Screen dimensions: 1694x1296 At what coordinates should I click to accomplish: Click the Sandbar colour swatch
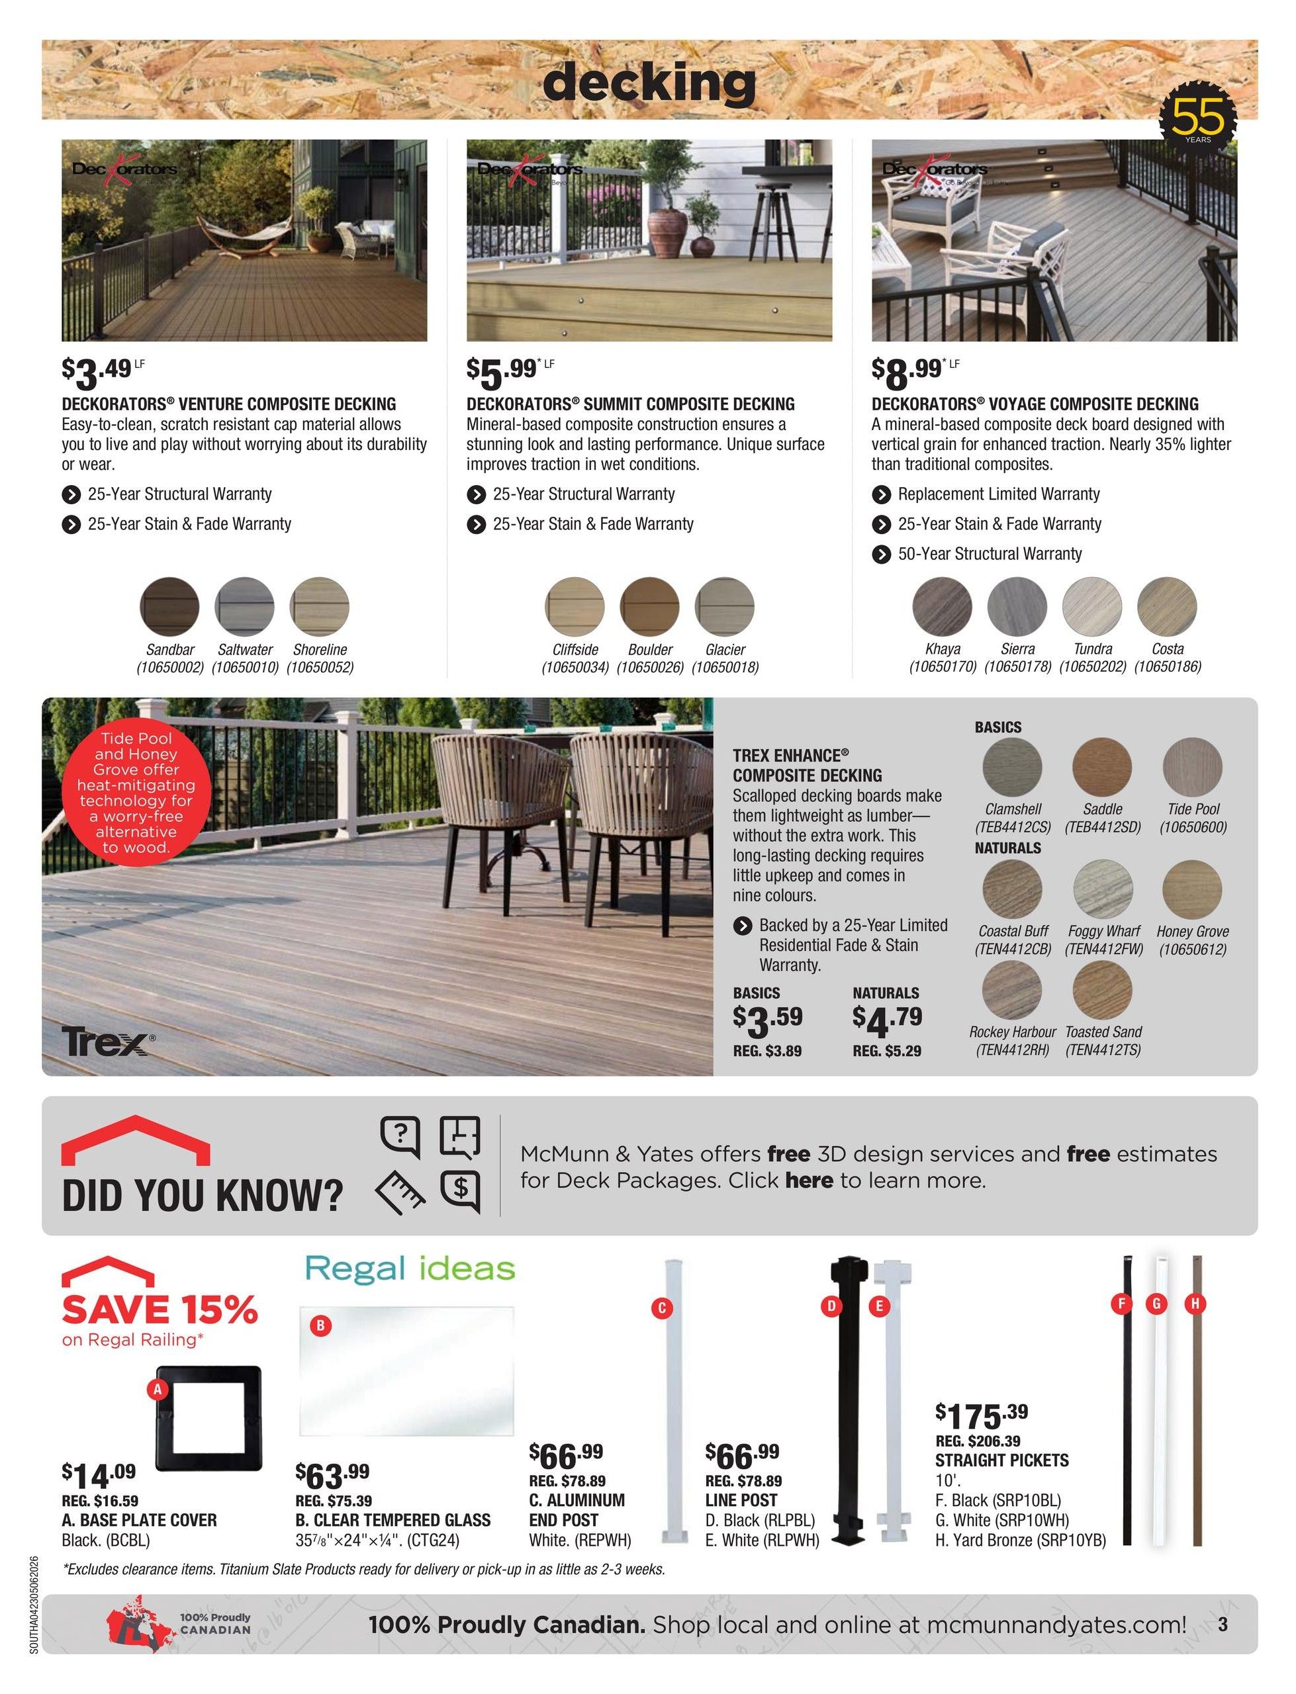pos(169,606)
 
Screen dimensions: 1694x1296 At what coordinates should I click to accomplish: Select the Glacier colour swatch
pos(724,606)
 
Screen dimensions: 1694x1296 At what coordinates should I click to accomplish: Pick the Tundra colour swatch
pos(1091,606)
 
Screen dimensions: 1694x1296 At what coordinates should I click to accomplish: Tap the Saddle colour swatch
pos(1101,766)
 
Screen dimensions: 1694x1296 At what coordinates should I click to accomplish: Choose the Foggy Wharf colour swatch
pos(1102,889)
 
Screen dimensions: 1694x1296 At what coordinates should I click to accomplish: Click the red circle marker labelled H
pos(1195,1303)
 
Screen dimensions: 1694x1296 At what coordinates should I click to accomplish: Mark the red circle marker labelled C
pos(661,1308)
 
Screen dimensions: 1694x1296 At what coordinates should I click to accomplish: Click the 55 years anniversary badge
pos(1198,117)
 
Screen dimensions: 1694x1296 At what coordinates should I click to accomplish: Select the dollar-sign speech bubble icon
pos(461,1189)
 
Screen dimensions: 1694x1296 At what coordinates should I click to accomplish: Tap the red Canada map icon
pos(137,1624)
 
